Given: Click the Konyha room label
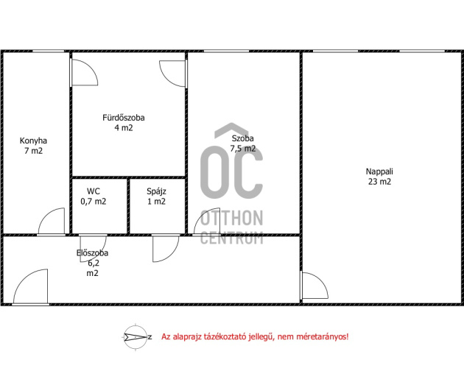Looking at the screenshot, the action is pos(33,141).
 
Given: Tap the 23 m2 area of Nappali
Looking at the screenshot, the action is pos(379,182).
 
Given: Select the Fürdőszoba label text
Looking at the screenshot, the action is pos(124,118).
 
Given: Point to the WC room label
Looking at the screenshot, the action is pos(94,191).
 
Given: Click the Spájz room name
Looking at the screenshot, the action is pos(156,191).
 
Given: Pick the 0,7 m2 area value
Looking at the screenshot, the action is pos(94,202).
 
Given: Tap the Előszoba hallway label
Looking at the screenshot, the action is pos(92,253).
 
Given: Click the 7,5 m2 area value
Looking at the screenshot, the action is pos(242,149).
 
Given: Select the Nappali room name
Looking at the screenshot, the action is pos(379,171).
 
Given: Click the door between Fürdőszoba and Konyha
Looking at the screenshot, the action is pos(84,72).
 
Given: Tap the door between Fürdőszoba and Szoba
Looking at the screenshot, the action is pos(173,74).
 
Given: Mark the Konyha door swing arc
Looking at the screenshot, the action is pos(52,221).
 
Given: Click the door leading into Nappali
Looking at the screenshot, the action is pos(314,286).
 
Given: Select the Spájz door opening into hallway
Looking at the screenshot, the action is pos(166,248).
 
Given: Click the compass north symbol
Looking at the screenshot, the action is pos(136,337).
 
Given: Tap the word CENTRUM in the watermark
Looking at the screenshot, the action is pos(232,238).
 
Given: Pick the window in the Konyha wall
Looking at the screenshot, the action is pos(48,52).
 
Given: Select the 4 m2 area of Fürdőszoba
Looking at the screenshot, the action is pos(124,128).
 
